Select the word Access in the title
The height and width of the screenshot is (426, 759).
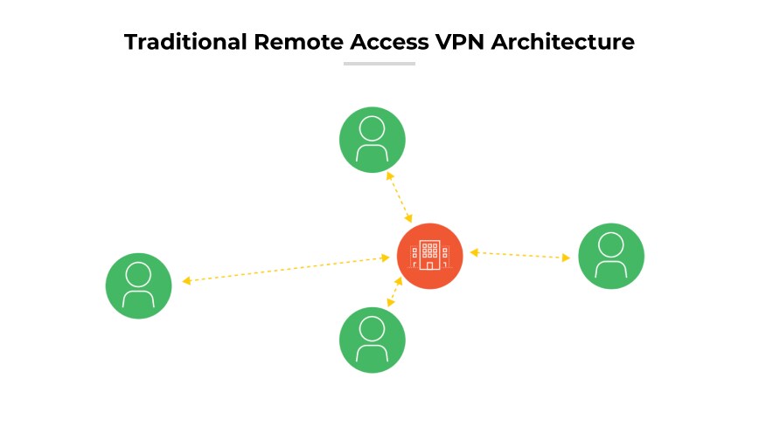tap(374, 42)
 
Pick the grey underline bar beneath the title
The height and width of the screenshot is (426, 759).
tap(379, 64)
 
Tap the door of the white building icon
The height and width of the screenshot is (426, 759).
tap(429, 264)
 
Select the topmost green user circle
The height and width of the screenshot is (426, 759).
tap(373, 140)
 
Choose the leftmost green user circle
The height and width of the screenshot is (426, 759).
tap(138, 285)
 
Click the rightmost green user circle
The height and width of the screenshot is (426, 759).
tap(611, 256)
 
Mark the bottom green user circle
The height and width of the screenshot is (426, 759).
tap(373, 340)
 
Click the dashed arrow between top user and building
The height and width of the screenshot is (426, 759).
tap(400, 196)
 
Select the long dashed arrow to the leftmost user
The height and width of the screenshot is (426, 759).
tap(286, 269)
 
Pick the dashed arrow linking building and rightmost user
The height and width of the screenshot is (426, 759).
tap(520, 255)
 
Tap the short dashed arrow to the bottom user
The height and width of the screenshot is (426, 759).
tap(394, 292)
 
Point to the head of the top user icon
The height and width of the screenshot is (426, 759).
tap(373, 128)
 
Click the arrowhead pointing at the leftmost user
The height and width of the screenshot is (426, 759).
tap(186, 281)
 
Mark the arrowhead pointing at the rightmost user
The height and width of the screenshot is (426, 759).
tap(567, 258)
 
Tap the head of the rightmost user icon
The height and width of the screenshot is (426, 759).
tap(611, 244)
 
